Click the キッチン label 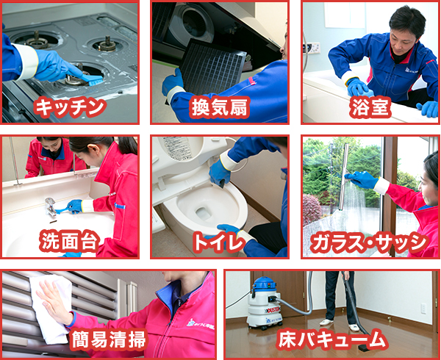(70, 107)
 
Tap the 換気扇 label (219, 107)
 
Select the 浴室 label (370, 107)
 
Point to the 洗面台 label (69, 241)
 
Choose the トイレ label (219, 242)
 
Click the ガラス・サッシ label (370, 242)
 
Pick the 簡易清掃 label (109, 339)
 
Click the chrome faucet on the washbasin (50, 206)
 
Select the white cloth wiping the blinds (52, 309)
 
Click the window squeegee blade (344, 177)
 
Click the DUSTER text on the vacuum (273, 309)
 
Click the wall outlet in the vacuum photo (423, 309)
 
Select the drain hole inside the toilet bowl (203, 213)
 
